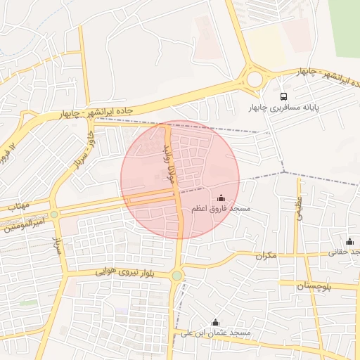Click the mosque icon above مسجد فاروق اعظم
pos(222,198)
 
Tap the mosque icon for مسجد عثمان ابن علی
pos(215,322)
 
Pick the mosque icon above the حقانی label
pos(349,241)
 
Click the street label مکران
pos(266,257)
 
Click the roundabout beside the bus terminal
pos(254,79)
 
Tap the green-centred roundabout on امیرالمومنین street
pos(54,214)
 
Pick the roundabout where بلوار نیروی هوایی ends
pos(177,276)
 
